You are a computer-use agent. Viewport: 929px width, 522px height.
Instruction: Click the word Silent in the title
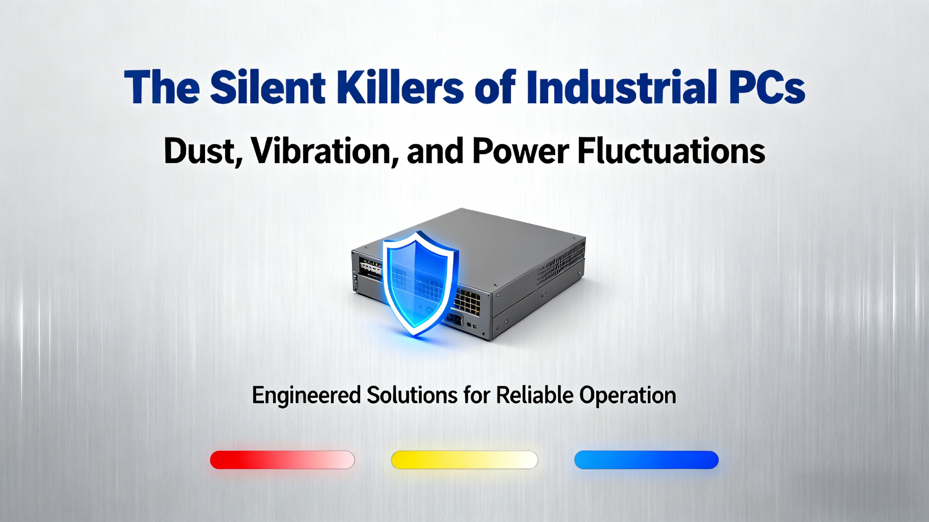click(267, 87)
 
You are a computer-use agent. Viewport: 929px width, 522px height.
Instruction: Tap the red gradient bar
click(282, 460)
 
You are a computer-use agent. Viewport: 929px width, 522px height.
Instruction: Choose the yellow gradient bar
click(464, 460)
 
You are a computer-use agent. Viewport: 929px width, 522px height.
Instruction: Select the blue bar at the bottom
click(646, 460)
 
